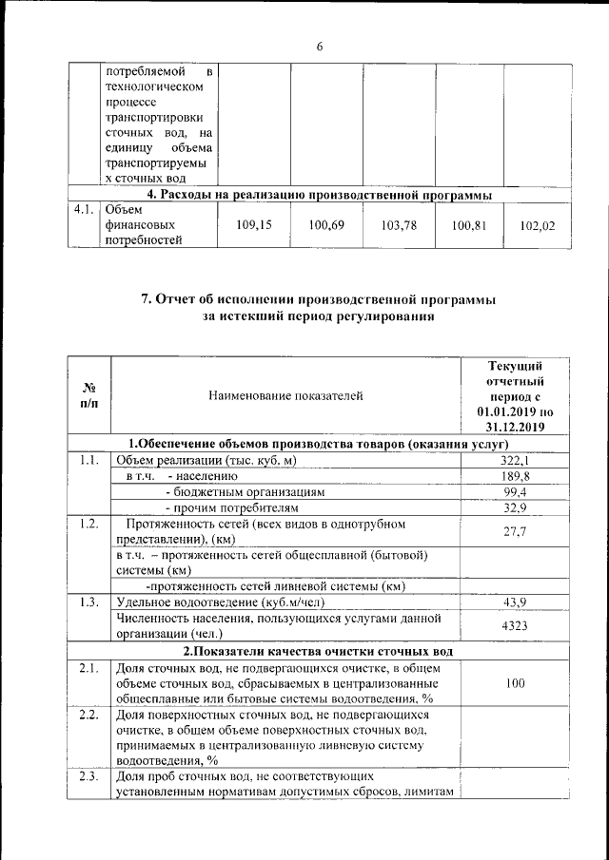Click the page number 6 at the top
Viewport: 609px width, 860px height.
320,48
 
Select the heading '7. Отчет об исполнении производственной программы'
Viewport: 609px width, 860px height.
319,299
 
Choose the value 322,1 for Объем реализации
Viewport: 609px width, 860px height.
516,461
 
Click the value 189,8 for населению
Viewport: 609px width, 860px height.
516,476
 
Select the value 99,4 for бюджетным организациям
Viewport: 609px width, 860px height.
516,492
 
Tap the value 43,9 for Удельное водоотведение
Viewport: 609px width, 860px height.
516,602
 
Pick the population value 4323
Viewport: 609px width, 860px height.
516,625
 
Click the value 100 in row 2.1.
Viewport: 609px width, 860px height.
516,682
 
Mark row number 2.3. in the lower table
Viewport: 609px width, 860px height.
88,778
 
